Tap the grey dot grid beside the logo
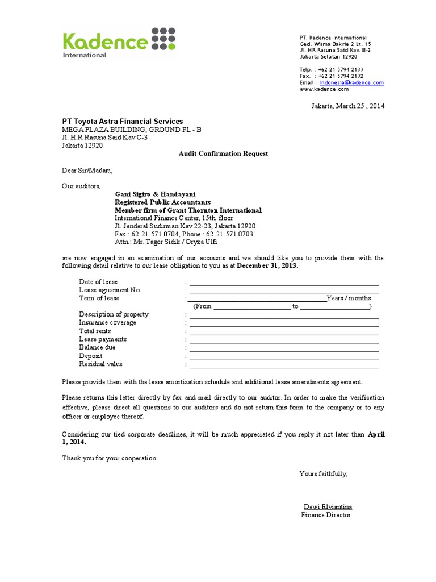(x=163, y=39)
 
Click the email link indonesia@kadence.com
(x=351, y=82)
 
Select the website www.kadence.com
(x=324, y=89)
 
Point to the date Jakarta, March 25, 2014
(x=347, y=106)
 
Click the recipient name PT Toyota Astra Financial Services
(x=123, y=121)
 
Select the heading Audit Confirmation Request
(x=224, y=153)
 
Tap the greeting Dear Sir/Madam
(x=87, y=170)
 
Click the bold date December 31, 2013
(x=267, y=266)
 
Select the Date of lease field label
(x=98, y=282)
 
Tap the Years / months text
(x=349, y=298)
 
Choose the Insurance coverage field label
(x=107, y=322)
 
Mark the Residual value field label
(x=100, y=364)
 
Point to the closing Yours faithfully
(x=323, y=474)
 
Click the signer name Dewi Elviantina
(x=328, y=506)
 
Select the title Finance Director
(x=326, y=515)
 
